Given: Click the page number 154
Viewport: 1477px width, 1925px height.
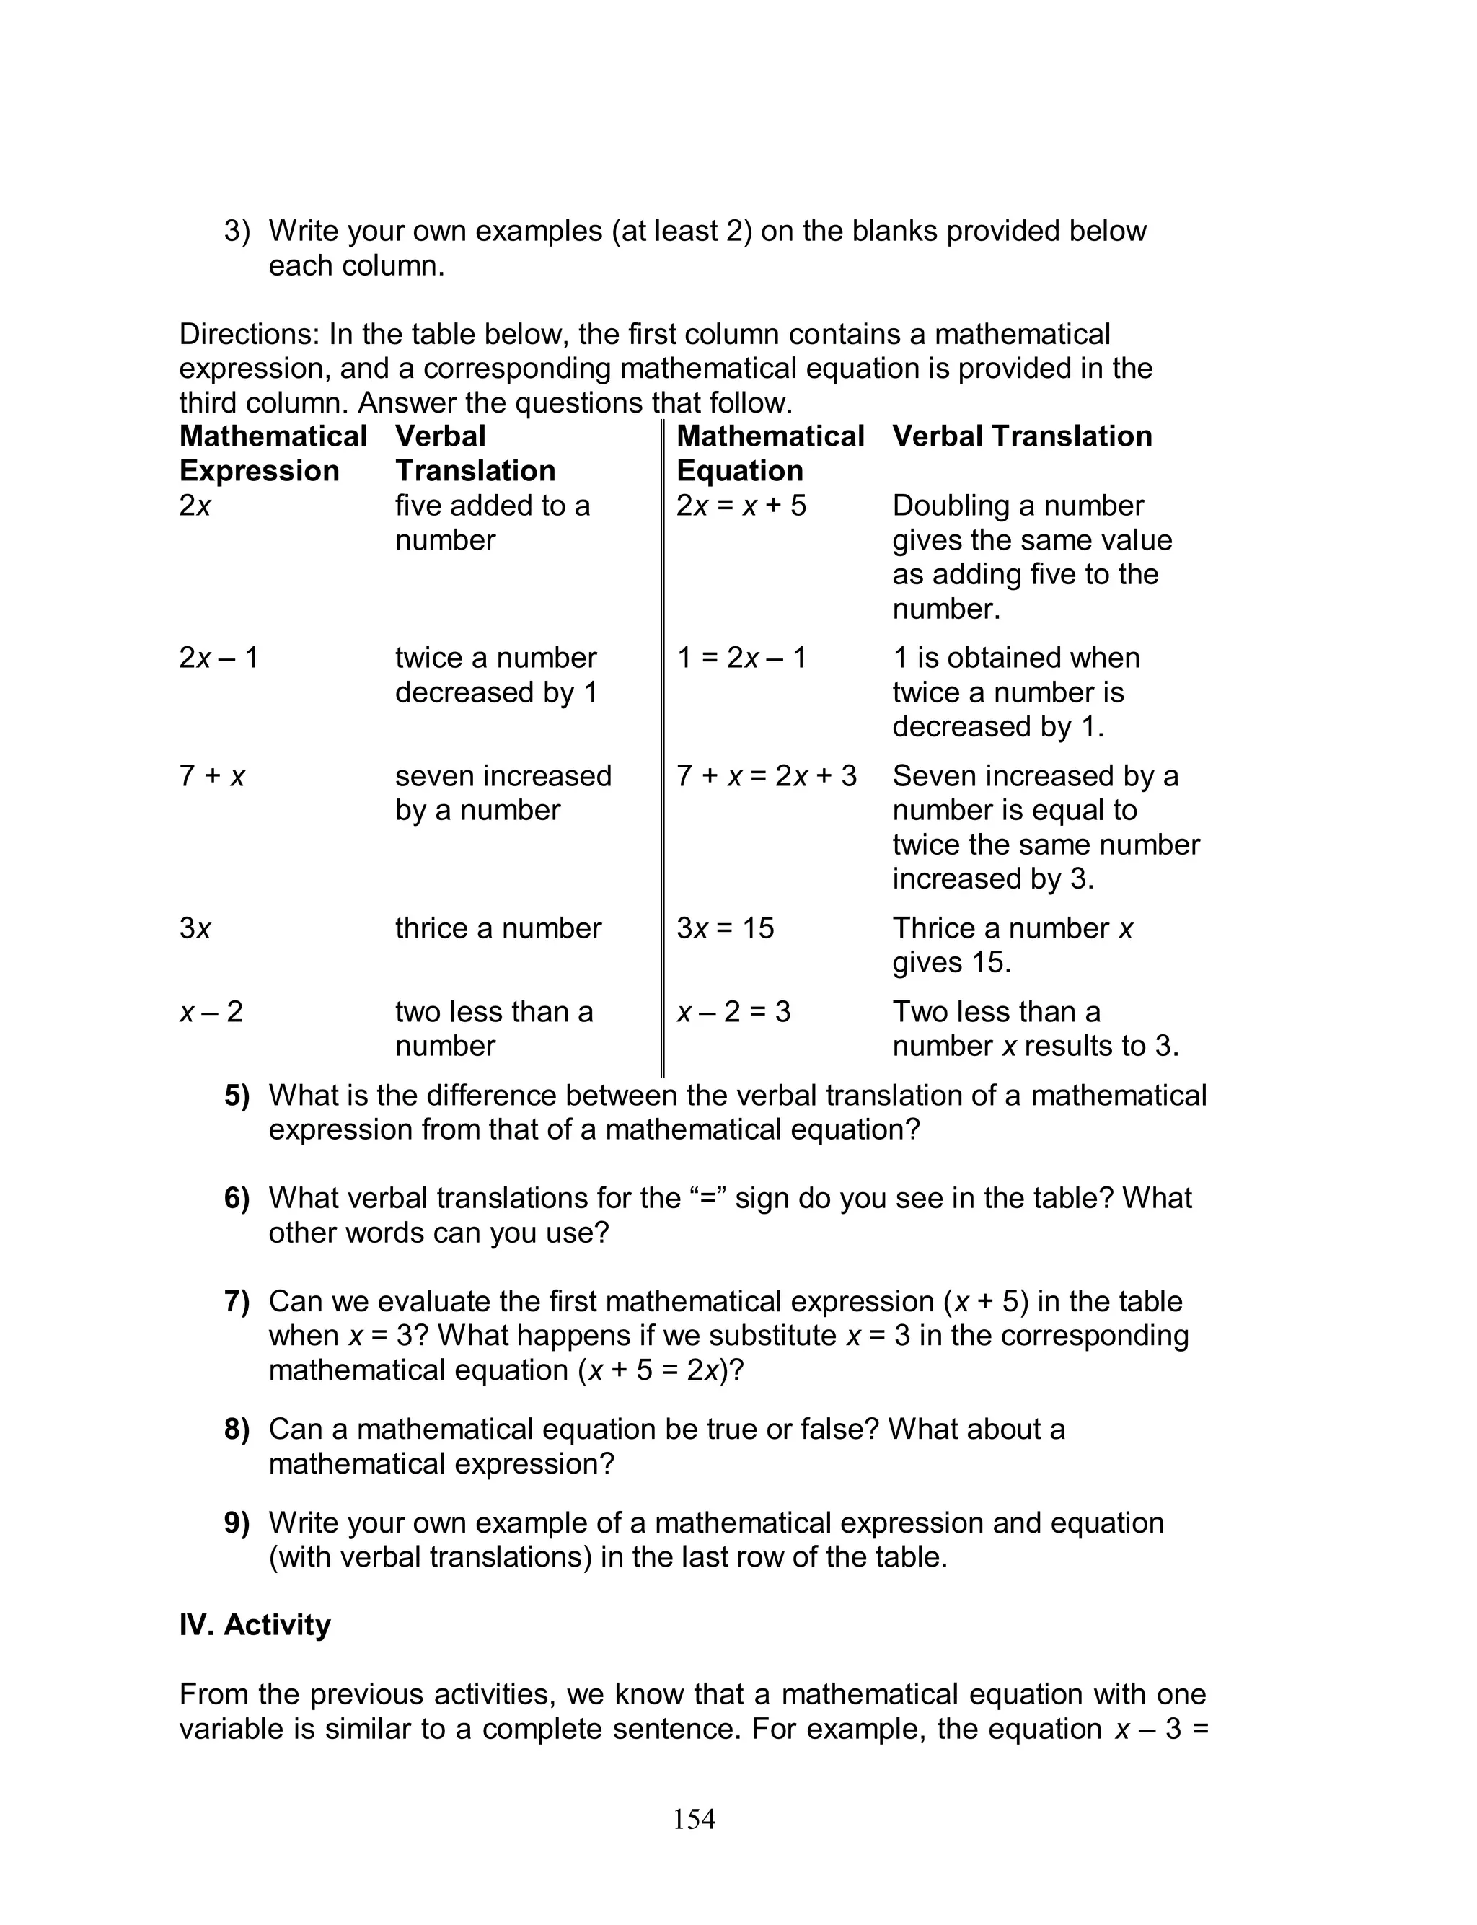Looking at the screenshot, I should tap(694, 1819).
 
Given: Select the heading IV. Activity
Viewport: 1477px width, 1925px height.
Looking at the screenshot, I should tap(255, 1624).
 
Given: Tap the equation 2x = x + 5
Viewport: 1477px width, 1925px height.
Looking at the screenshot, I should tap(741, 506).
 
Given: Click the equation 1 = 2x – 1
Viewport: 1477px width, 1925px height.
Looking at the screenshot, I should tap(741, 658).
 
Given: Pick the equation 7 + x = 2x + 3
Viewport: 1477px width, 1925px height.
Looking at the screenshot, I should tap(766, 775).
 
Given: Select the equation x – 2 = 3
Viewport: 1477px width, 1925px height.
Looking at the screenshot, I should tap(733, 1012).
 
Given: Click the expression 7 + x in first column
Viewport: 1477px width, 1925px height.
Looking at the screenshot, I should tap(212, 775).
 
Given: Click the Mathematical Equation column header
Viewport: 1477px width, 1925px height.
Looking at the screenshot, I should tap(770, 453).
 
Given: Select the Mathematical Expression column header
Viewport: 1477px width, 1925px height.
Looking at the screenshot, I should tap(273, 453).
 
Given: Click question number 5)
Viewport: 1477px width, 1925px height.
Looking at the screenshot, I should tap(237, 1096).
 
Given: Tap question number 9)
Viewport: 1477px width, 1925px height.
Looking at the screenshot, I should tap(237, 1523).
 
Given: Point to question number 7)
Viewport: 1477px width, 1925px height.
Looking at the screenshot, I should tap(237, 1301).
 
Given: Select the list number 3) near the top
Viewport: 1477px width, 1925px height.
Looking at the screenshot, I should tap(237, 232).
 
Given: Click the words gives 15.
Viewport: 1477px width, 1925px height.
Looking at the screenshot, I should tap(951, 961).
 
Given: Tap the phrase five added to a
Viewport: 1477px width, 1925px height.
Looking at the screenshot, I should tap(493, 506).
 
